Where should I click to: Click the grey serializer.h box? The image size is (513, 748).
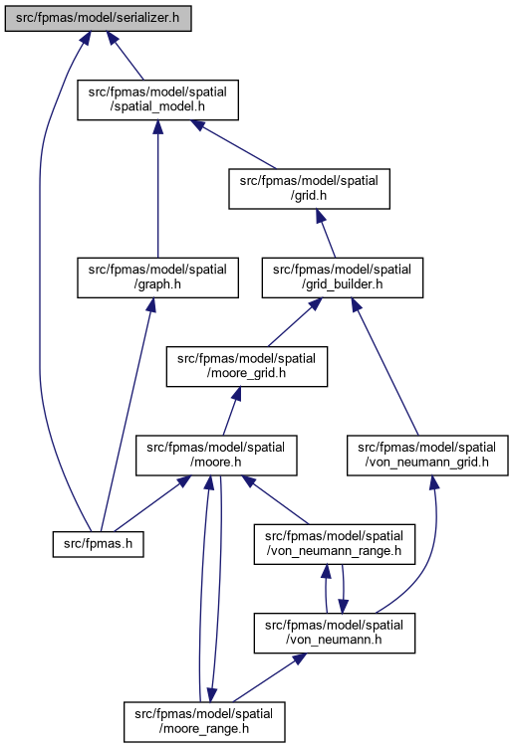[98, 19]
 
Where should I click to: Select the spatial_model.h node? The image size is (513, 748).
[157, 99]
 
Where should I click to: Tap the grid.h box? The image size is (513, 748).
[309, 188]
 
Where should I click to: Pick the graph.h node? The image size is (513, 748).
[157, 278]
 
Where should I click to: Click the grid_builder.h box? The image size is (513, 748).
[342, 278]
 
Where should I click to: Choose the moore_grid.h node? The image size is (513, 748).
[246, 366]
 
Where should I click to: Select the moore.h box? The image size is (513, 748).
[216, 456]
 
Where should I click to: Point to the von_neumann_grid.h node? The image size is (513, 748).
[427, 456]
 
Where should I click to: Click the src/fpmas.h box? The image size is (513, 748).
[98, 544]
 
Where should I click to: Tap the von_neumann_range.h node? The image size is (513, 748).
[335, 544]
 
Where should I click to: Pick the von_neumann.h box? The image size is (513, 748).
[335, 633]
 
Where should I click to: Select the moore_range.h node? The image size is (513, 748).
[204, 722]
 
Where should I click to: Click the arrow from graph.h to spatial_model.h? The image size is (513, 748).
[157, 189]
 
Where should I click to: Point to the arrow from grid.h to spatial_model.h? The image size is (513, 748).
[233, 144]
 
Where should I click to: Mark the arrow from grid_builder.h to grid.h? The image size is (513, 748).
[326, 234]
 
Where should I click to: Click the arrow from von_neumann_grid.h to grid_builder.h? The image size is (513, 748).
[385, 366]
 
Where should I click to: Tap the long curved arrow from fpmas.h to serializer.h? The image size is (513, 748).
[40, 286]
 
